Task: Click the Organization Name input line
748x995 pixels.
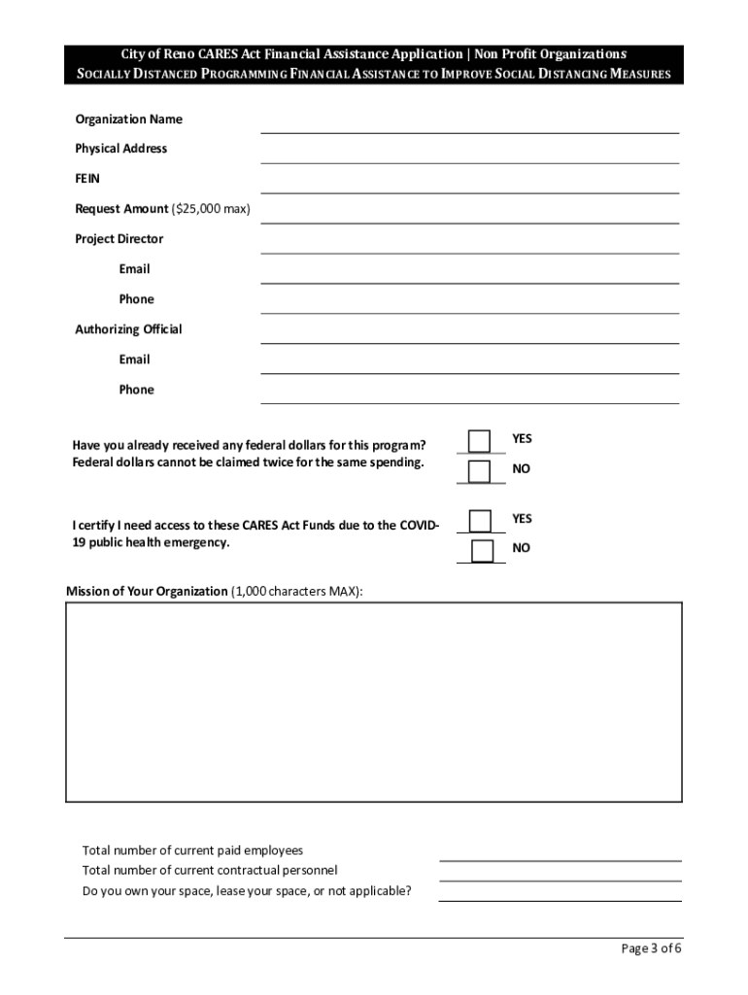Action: click(x=469, y=123)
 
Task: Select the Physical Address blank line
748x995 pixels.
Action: click(x=469, y=154)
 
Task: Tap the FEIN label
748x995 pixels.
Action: click(x=87, y=179)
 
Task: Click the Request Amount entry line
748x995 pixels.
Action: click(x=469, y=214)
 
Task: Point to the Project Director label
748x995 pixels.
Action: click(x=119, y=239)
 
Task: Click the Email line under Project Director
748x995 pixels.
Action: click(x=469, y=274)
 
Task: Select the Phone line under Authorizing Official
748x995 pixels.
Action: click(x=469, y=395)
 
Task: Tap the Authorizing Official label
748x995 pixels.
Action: click(x=128, y=329)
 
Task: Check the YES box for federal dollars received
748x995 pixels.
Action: click(x=479, y=441)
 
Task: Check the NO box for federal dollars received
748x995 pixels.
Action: click(x=479, y=471)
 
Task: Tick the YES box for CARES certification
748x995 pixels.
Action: click(x=480, y=521)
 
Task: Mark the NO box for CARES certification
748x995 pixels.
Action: click(x=482, y=551)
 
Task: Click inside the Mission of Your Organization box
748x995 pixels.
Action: click(x=374, y=702)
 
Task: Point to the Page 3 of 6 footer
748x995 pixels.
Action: click(x=652, y=949)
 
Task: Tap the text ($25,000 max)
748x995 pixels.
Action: click(x=211, y=209)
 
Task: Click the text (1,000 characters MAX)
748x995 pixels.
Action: click(x=296, y=591)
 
